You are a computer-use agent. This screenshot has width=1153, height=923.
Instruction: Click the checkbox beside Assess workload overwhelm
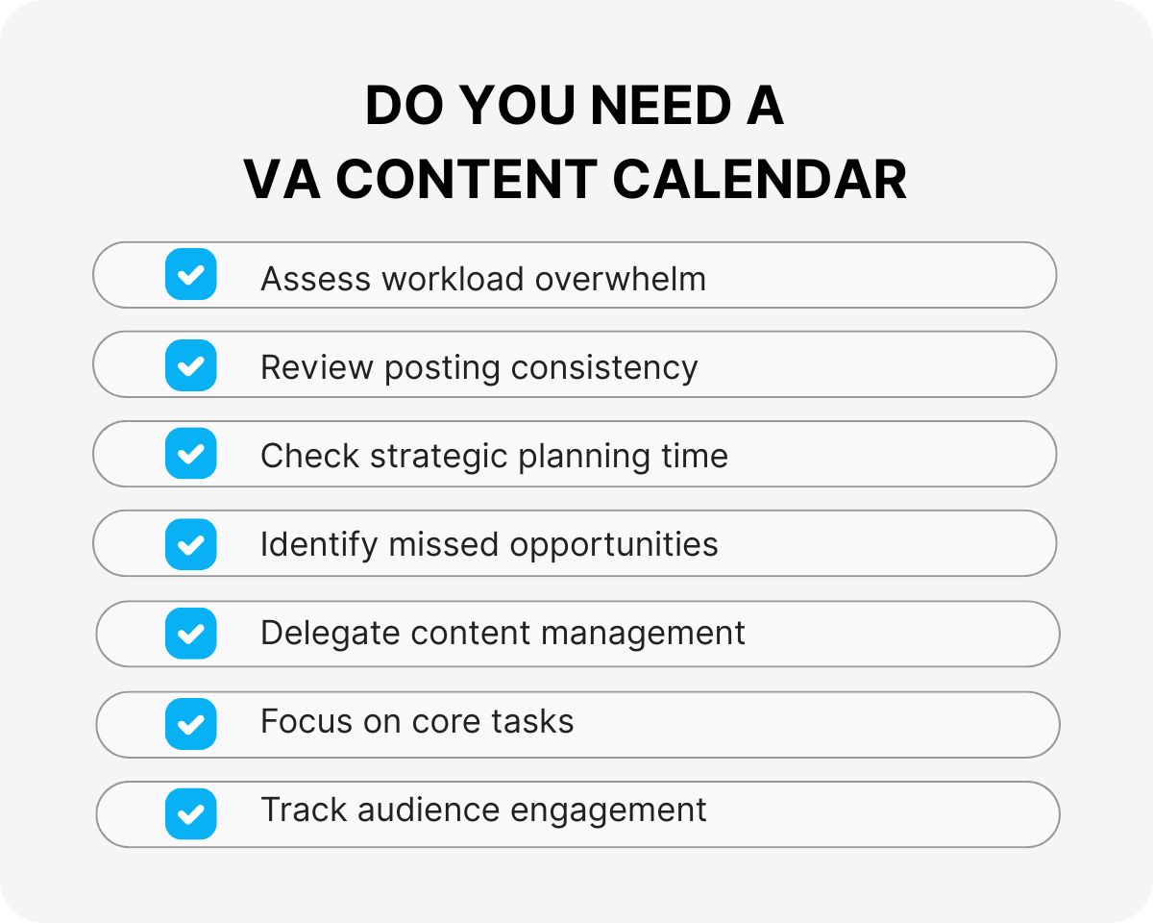[x=190, y=275]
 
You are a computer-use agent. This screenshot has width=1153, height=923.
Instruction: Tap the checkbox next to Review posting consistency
[x=190, y=365]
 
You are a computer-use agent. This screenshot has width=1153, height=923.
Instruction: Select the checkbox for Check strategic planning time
[x=190, y=454]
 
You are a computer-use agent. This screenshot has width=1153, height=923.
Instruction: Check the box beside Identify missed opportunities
[x=190, y=544]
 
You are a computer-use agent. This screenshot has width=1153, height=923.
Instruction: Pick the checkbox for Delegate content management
[x=190, y=634]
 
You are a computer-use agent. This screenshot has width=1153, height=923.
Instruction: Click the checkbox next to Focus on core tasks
[x=190, y=723]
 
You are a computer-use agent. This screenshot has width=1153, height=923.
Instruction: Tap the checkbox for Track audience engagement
[x=190, y=813]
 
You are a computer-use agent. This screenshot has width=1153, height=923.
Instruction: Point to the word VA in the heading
[x=278, y=179]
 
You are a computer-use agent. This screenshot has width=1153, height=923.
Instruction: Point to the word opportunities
[x=614, y=545]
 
